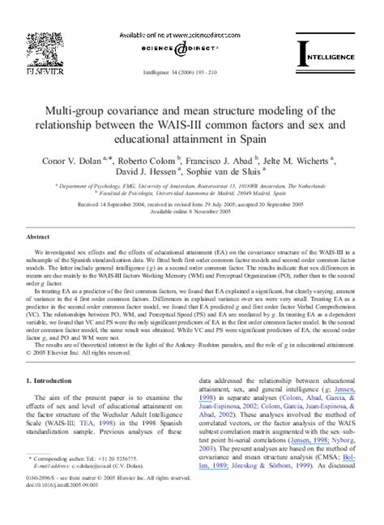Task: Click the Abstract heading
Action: pos(39,236)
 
